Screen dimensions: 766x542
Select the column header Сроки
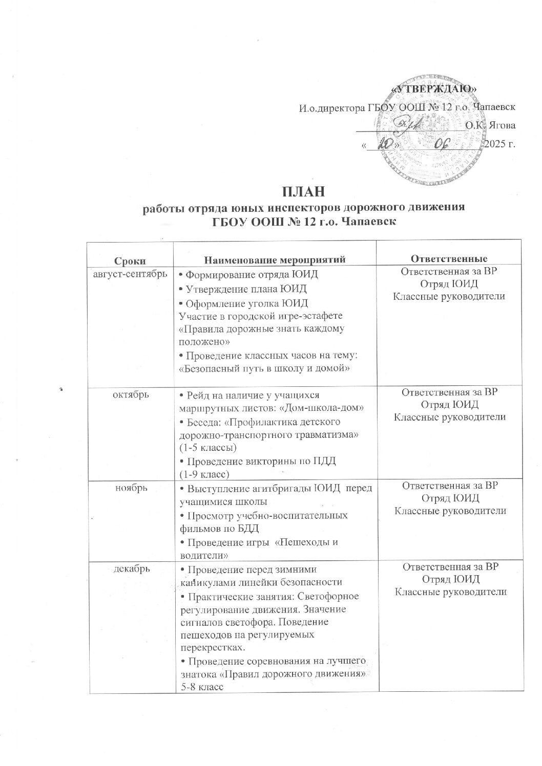(130, 259)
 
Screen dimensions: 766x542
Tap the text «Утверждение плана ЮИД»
(248, 288)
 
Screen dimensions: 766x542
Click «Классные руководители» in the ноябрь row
(450, 510)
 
